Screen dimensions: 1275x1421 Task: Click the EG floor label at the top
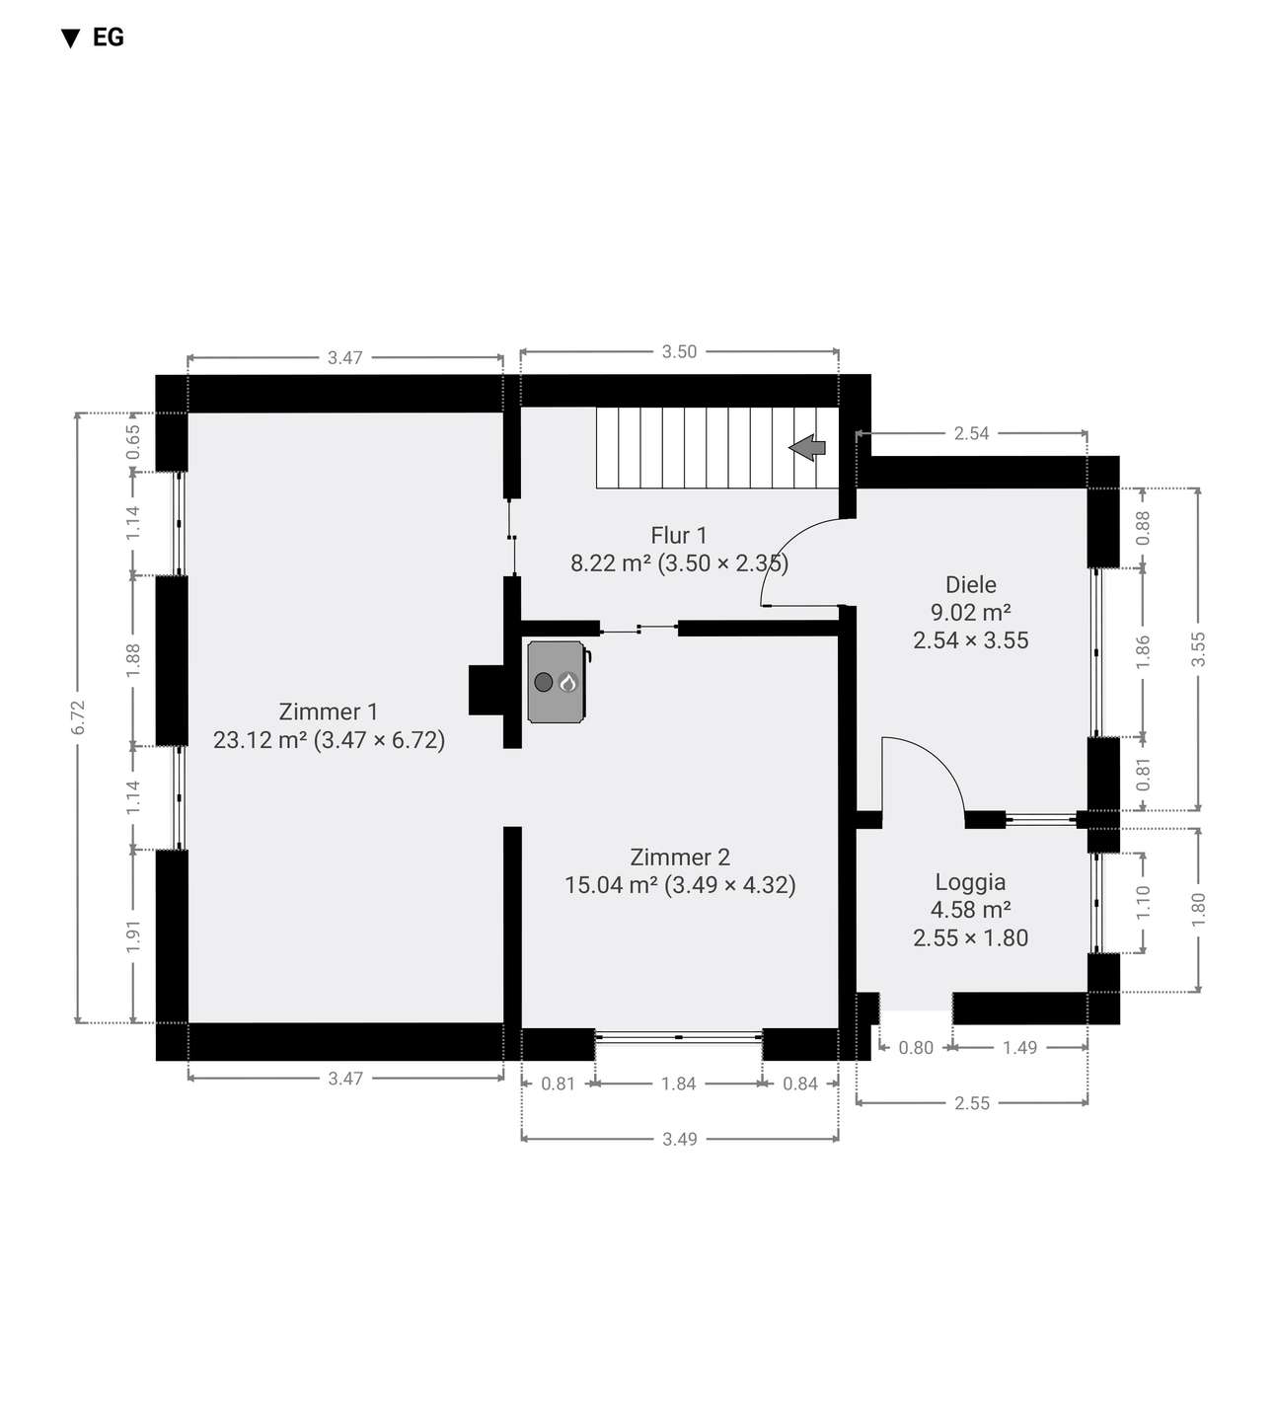coord(108,37)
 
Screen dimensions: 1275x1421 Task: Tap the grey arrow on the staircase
coord(807,447)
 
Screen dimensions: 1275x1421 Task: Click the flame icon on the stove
coord(567,682)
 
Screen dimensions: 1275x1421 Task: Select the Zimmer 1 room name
coord(329,711)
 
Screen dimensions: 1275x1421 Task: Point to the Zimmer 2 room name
coord(680,858)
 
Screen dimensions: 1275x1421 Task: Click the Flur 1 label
coord(678,536)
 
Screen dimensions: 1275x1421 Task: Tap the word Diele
coord(971,585)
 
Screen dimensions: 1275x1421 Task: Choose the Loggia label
coord(971,882)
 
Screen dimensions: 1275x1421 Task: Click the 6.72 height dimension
coord(79,717)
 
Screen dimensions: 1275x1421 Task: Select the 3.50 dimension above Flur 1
coord(680,351)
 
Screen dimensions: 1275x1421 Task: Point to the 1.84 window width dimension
coord(678,1084)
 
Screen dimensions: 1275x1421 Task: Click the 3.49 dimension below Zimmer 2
coord(680,1139)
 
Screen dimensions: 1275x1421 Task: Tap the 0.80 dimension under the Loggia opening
coord(916,1048)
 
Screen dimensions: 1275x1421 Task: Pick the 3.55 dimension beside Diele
coord(1199,649)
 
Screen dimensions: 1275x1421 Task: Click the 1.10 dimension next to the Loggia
coord(1143,902)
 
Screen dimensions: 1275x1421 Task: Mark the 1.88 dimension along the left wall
coord(133,661)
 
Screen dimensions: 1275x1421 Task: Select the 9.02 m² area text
coord(971,612)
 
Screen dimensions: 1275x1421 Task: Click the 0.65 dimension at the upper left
coord(133,442)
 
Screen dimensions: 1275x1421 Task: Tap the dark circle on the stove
coord(544,682)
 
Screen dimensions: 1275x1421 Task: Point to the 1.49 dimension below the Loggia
coord(1019,1048)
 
